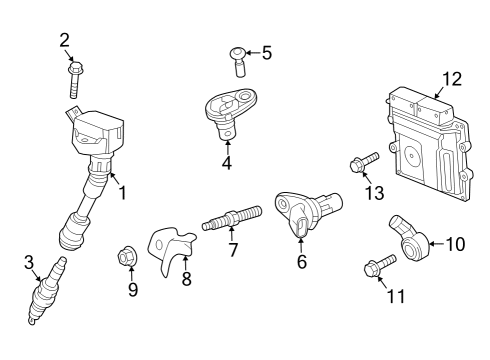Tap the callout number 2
pos(65,40)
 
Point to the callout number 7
pos(232,250)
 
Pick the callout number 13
pos(374,193)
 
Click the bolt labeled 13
pos(361,162)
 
